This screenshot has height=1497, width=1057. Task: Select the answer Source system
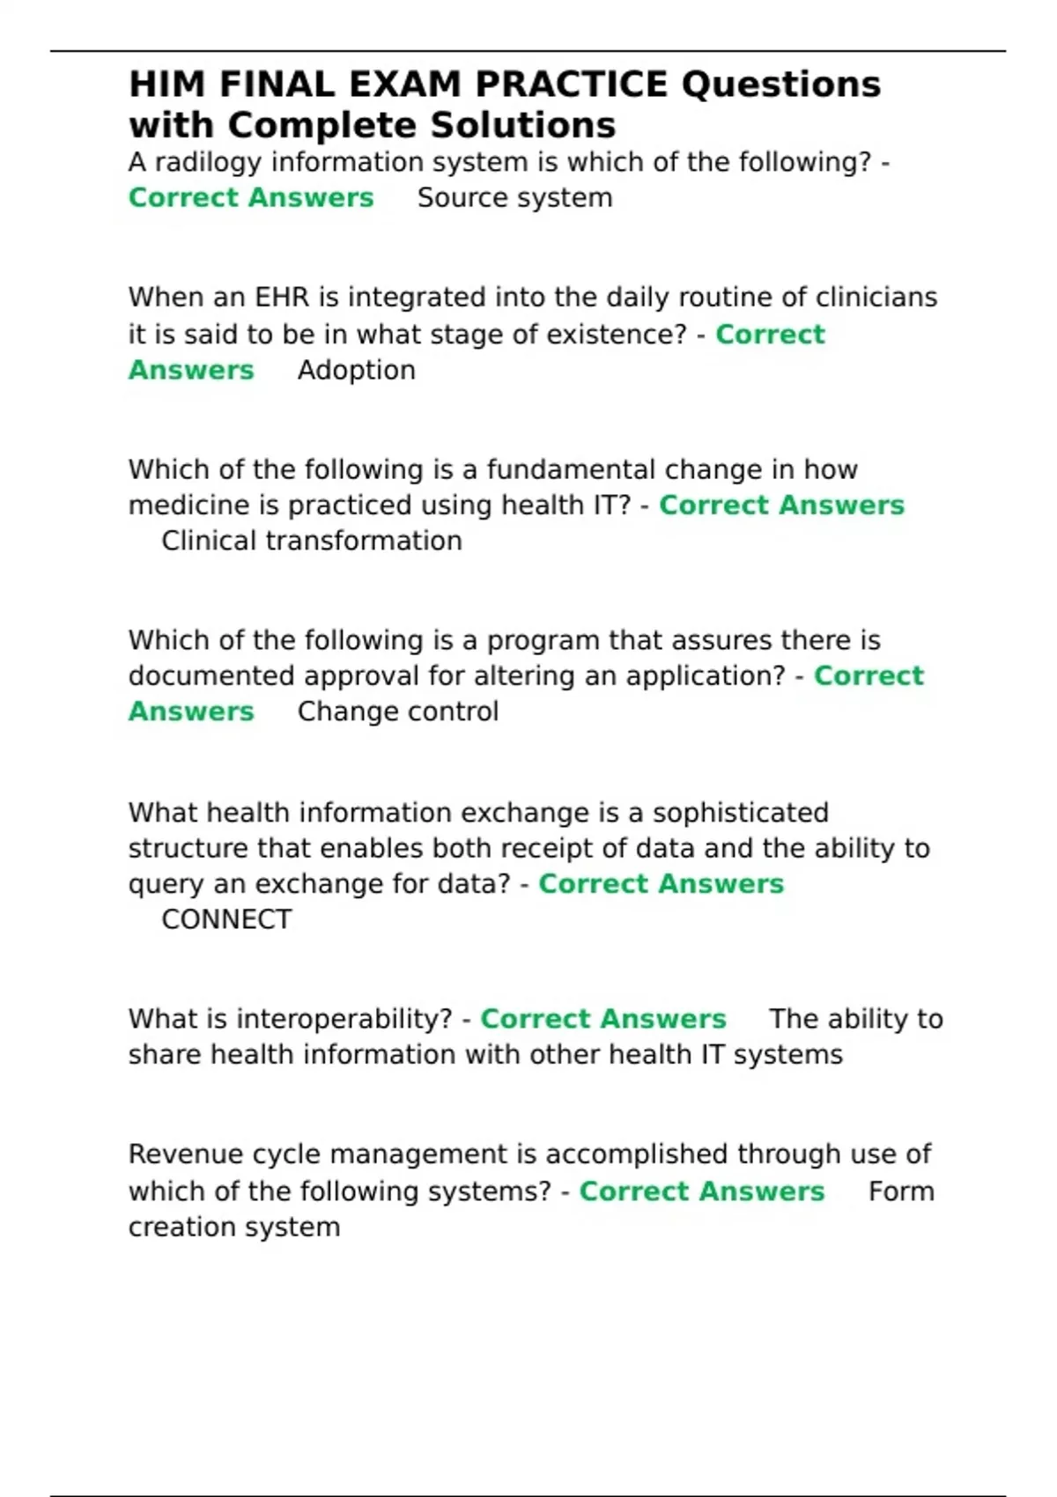coord(514,198)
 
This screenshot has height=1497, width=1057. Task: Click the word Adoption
coord(356,371)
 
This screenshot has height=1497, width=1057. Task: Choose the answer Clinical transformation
coord(312,541)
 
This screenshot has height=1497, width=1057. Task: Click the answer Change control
coord(398,712)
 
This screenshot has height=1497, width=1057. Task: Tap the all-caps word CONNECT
coord(226,919)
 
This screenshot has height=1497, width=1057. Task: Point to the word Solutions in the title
coord(523,125)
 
